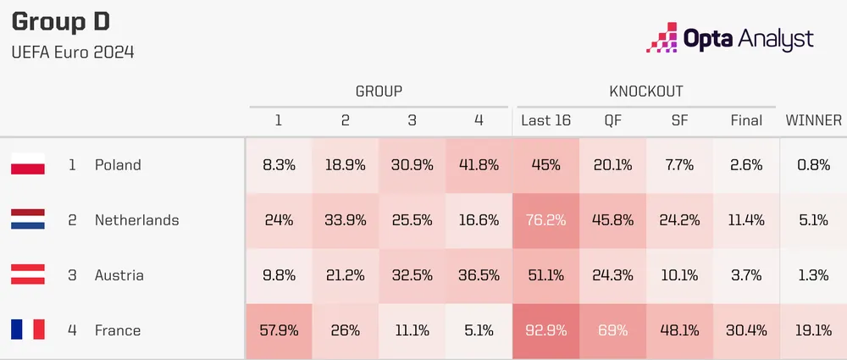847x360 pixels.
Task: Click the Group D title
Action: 60,23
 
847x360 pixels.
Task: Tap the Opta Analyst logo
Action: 729,38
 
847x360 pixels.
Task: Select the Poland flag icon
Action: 28,165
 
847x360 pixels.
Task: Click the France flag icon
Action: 28,330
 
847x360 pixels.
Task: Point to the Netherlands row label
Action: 136,220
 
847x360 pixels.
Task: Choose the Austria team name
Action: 119,275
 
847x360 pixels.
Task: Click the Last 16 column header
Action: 545,120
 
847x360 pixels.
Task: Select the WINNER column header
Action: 813,120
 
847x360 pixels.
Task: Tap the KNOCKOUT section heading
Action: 646,91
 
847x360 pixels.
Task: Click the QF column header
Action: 612,120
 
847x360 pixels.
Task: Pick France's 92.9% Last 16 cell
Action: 545,330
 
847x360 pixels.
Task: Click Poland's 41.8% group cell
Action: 479,165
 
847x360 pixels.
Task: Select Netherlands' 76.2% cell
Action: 545,220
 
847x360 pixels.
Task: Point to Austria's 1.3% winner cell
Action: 813,275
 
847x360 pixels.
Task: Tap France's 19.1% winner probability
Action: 813,330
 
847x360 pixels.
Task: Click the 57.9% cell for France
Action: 278,330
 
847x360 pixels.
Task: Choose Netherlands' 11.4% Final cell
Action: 746,220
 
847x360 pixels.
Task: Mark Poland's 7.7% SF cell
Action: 679,165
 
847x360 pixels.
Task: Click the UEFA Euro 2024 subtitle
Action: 73,53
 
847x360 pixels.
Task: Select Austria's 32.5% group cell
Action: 412,275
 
